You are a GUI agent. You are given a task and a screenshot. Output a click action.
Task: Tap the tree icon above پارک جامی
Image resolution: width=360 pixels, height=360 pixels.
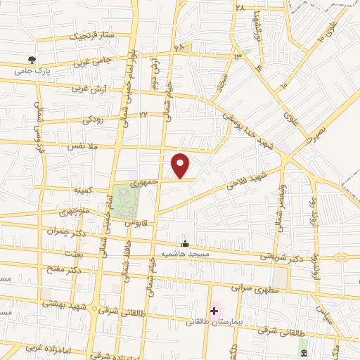(30, 60)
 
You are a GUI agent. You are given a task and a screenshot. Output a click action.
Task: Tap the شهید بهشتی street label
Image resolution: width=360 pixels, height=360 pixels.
(63, 303)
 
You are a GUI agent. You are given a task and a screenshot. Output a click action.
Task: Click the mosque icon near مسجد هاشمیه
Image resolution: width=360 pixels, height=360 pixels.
(185, 243)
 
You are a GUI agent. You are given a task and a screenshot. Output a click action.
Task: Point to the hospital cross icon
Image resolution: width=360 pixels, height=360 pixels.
(214, 311)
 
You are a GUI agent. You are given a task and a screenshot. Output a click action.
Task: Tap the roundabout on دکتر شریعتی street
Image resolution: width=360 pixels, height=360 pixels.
(342, 257)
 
